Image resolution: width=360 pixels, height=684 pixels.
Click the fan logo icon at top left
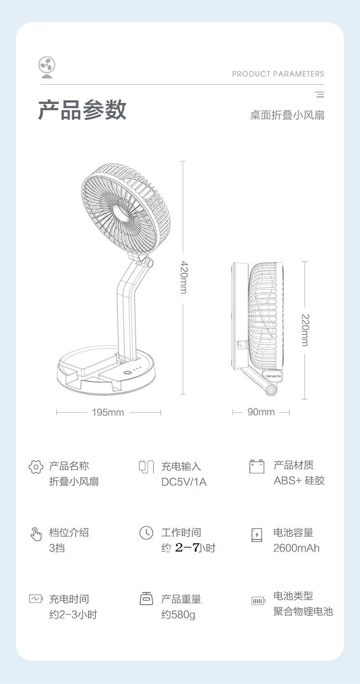[46, 67]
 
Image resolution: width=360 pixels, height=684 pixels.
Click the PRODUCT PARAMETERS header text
[278, 74]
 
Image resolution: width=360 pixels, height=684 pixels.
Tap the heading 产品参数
[82, 110]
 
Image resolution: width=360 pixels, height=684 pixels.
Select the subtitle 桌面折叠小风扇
[287, 115]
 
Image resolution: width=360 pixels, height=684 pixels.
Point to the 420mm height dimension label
[183, 277]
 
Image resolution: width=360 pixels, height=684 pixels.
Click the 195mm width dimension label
[108, 413]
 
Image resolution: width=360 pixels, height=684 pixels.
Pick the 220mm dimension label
[305, 330]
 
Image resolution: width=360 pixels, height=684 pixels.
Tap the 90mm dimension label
[261, 412]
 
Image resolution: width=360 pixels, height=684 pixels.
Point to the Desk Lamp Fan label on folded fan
[274, 376]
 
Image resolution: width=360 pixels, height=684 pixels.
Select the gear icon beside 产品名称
[36, 467]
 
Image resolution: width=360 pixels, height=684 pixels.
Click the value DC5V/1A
[184, 482]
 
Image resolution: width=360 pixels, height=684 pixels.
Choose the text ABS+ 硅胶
[299, 481]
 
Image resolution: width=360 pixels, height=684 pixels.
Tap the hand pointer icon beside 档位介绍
[36, 534]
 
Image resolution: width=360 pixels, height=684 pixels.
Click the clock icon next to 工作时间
[146, 533]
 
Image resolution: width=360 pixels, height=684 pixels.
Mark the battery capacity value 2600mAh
[296, 548]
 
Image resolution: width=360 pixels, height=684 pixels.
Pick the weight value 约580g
[178, 614]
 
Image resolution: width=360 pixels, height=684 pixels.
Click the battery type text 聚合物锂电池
[303, 611]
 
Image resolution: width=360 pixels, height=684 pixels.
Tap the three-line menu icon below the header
[319, 95]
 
